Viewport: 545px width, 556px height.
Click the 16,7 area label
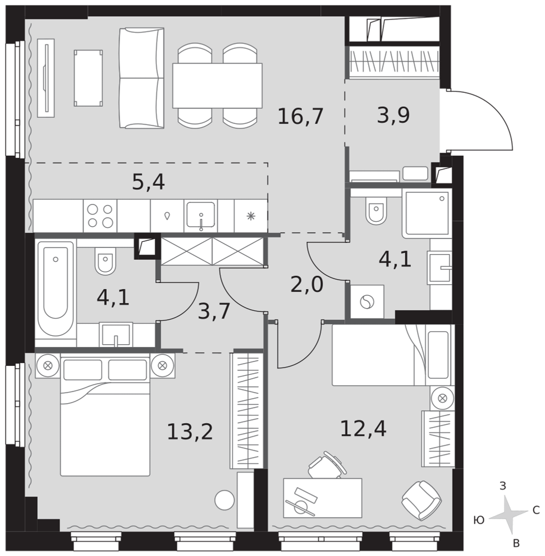click(300, 116)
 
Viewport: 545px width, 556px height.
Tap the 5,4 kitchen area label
click(148, 182)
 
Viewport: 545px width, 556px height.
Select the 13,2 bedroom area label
click(190, 431)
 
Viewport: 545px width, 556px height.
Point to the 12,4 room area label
click(363, 428)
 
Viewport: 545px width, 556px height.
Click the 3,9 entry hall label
click(393, 115)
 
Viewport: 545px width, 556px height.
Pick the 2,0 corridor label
click(307, 284)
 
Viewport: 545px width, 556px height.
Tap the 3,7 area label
click(214, 311)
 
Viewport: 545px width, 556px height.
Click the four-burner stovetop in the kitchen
click(100, 216)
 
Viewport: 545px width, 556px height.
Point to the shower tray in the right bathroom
click(427, 213)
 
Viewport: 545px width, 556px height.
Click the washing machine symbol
click(367, 302)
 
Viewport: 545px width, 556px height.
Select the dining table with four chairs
click(217, 86)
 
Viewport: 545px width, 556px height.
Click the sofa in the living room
click(141, 78)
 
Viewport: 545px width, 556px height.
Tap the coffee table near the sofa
click(88, 78)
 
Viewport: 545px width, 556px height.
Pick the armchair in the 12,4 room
click(421, 500)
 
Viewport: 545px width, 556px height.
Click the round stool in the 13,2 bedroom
click(225, 500)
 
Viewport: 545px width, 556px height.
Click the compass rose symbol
click(508, 515)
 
